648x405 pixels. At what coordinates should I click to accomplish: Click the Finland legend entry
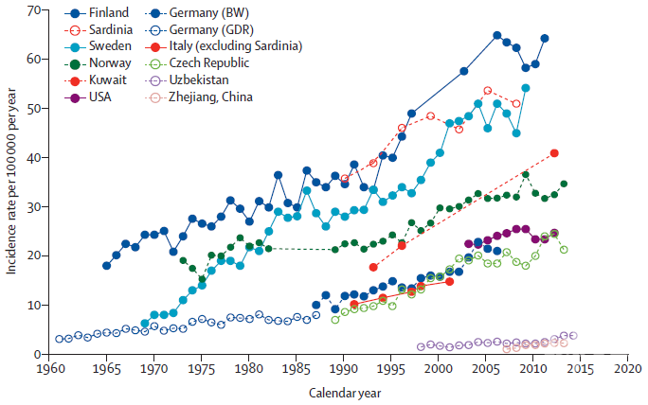(x=97, y=13)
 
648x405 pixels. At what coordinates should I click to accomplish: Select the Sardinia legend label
(x=111, y=29)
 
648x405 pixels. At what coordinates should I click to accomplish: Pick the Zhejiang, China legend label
(x=210, y=97)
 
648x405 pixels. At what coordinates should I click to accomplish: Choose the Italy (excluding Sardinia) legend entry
(x=224, y=45)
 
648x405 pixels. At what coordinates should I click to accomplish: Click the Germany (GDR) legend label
(x=211, y=29)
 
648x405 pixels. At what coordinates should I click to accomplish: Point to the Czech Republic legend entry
(x=197, y=63)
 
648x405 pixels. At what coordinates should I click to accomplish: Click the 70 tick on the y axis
(x=34, y=9)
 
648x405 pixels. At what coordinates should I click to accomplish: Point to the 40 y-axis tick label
(x=34, y=157)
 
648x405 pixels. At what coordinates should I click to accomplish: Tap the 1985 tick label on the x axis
(x=296, y=369)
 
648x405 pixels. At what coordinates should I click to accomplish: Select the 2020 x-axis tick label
(x=628, y=369)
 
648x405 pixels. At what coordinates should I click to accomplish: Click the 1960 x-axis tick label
(x=49, y=369)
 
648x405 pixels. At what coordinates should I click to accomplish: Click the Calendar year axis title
(x=345, y=393)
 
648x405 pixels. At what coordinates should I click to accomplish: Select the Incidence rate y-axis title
(x=11, y=181)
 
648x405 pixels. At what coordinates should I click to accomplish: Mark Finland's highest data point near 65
(x=497, y=36)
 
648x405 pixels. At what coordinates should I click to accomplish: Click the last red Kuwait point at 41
(x=554, y=153)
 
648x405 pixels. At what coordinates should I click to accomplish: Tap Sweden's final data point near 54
(x=526, y=88)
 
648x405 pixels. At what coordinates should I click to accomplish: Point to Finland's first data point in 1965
(x=107, y=266)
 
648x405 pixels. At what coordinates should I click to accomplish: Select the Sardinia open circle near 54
(x=488, y=91)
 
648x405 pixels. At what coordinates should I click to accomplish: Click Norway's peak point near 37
(x=526, y=175)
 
